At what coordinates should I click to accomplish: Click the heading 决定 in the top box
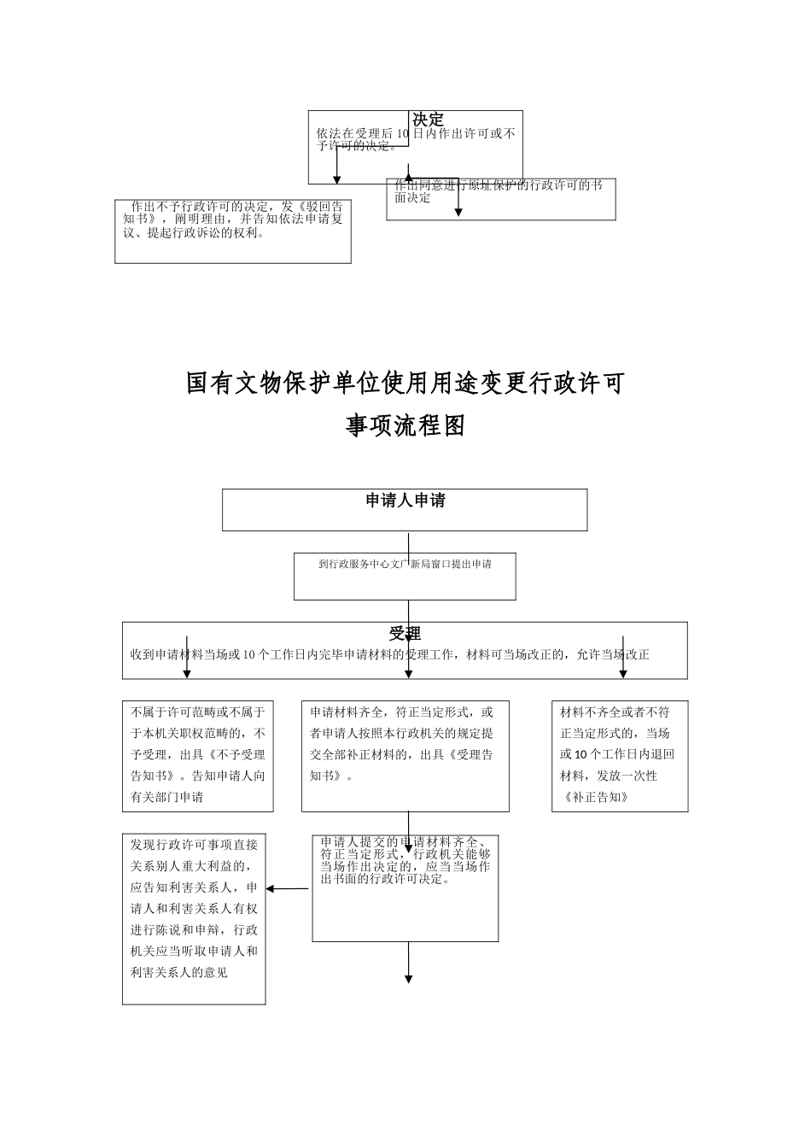click(428, 120)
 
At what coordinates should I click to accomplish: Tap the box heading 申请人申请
click(405, 501)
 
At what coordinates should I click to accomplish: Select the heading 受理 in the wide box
click(405, 634)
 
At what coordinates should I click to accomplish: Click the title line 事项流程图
click(405, 425)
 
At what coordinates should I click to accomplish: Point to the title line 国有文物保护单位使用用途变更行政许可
click(405, 384)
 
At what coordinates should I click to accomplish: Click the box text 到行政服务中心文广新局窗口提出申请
click(405, 565)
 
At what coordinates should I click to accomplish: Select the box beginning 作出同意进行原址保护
click(500, 200)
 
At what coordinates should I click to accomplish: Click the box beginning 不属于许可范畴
click(198, 755)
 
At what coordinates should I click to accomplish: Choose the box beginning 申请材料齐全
click(405, 755)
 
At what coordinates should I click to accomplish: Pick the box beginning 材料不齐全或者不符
click(619, 755)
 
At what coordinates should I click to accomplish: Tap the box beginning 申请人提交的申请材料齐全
click(405, 888)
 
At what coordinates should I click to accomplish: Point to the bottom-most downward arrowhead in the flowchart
click(409, 979)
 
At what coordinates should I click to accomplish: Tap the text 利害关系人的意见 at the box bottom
click(179, 972)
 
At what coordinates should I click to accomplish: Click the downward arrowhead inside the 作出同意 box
click(458, 212)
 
